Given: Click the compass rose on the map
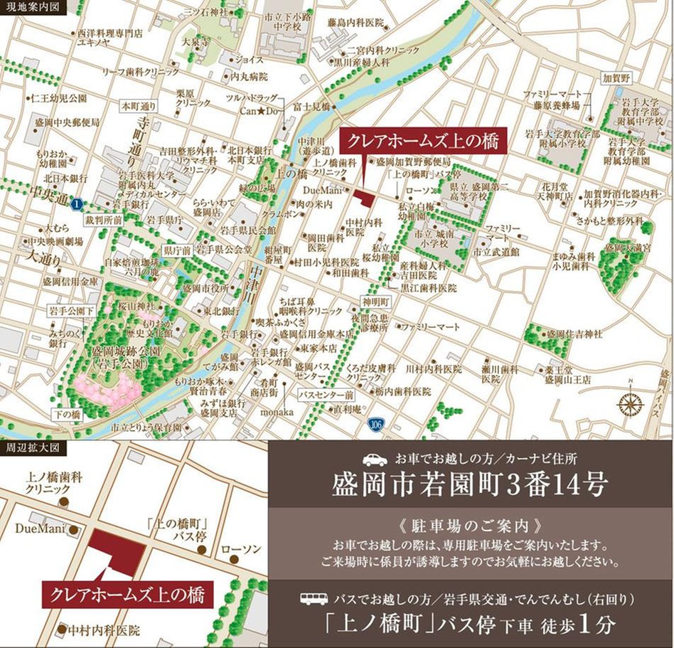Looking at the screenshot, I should point(630,403).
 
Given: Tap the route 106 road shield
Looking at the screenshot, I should point(375,425).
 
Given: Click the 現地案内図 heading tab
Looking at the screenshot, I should point(33,8).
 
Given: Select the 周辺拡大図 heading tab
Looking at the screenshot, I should point(33,448).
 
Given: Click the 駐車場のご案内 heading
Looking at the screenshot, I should point(470,528).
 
